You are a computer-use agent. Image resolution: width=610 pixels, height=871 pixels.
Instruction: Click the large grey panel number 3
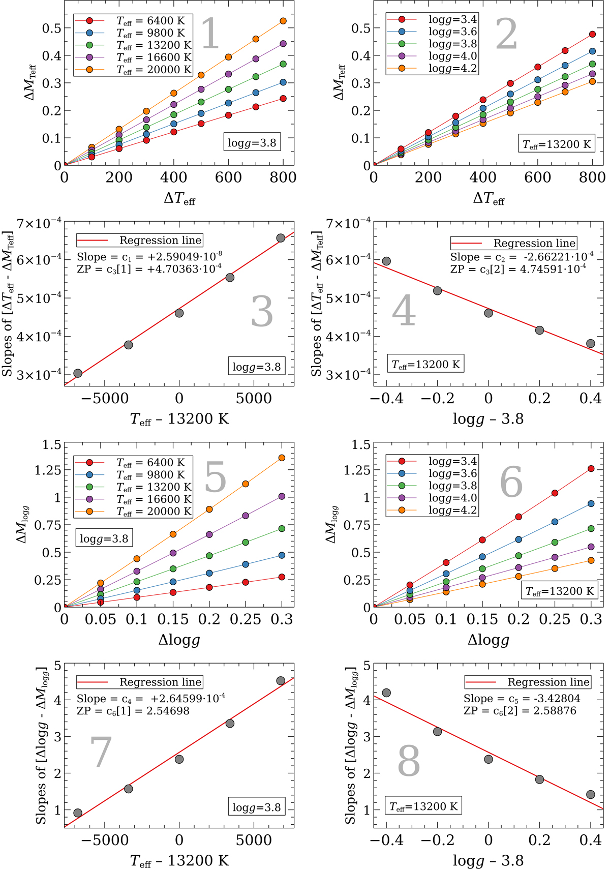[x=262, y=311]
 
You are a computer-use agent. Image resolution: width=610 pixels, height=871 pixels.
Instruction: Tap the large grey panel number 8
[x=409, y=761]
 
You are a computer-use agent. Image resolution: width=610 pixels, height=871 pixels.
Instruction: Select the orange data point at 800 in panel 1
[x=283, y=21]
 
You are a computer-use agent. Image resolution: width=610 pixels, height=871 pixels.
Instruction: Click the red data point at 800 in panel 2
[x=592, y=35]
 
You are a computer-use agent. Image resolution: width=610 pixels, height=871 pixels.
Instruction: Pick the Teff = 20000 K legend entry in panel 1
[x=133, y=70]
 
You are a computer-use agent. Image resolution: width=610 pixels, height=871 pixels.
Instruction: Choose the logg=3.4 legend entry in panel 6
[x=432, y=461]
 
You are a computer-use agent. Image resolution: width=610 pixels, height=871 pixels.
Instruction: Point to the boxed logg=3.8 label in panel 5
[x=104, y=538]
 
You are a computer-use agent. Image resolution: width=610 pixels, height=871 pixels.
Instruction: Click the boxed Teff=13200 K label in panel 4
[x=425, y=364]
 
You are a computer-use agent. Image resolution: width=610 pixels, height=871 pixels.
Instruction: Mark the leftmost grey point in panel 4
[x=386, y=261]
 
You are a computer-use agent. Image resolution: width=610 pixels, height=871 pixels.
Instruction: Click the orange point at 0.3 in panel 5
[x=282, y=458]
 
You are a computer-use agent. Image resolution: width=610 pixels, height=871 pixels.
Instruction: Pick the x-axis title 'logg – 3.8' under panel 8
[x=488, y=861]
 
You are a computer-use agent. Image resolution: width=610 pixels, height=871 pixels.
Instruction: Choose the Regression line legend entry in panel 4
[x=513, y=243]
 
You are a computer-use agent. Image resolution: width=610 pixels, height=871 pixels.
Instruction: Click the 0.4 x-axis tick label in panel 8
[x=591, y=840]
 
